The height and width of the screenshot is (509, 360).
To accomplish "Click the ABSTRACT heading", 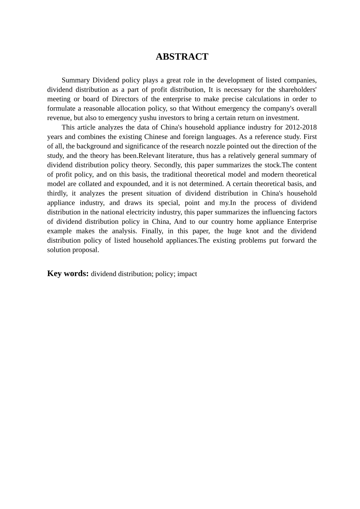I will point(182,57).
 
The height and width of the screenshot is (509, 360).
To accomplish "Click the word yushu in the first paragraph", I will point(148,118).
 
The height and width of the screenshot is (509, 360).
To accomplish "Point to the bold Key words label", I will point(68,273).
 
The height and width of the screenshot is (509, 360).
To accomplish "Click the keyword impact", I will point(187,274).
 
